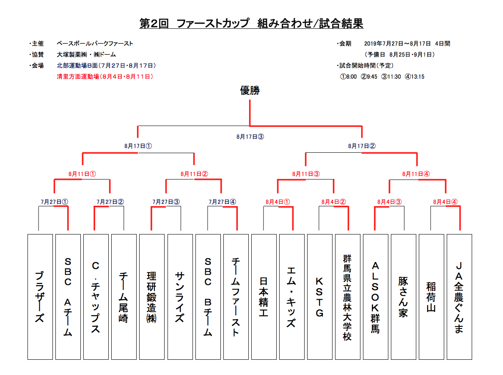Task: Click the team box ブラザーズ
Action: coord(40,297)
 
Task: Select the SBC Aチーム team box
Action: coord(68,297)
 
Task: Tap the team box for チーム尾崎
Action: coord(124,297)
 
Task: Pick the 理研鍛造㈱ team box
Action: coord(152,297)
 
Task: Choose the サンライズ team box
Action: coord(180,297)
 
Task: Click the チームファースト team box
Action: coord(236,297)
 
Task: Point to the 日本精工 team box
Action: coord(264,297)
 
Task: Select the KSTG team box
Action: coord(319,297)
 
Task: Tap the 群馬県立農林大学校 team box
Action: coord(347,297)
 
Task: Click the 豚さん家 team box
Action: coord(403,297)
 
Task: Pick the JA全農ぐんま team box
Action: coord(459,297)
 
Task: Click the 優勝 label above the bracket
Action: coord(250,91)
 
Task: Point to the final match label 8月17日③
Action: coord(250,137)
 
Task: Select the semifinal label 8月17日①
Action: coord(138,146)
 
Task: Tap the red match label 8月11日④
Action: coord(417,174)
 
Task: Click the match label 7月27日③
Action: coord(166,201)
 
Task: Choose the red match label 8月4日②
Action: coord(333,201)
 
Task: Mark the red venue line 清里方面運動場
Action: coord(105,77)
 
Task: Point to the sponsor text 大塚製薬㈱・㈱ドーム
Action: coord(86,55)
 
